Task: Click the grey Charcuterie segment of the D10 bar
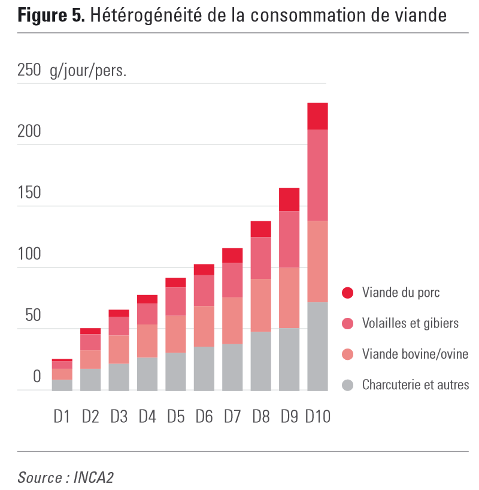pos(317,346)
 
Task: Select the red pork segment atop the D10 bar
pos(317,116)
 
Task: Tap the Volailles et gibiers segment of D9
pos(289,239)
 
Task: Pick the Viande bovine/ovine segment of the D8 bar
pos(260,305)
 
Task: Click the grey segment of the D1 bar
pos(62,385)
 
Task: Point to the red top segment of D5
pos(175,282)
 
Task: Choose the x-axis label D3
pos(119,416)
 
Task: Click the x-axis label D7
pos(232,416)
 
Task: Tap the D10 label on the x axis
pos(317,416)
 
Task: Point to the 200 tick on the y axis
pos(29,132)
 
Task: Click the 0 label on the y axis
pos(37,377)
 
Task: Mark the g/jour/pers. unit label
pos(88,71)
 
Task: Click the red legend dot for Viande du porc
pos(347,293)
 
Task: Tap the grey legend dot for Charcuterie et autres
pos(347,385)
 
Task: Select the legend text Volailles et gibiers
pos(410,323)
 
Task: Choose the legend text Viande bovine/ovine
pos(415,354)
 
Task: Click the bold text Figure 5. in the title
pos(51,16)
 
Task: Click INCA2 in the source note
pos(93,477)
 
